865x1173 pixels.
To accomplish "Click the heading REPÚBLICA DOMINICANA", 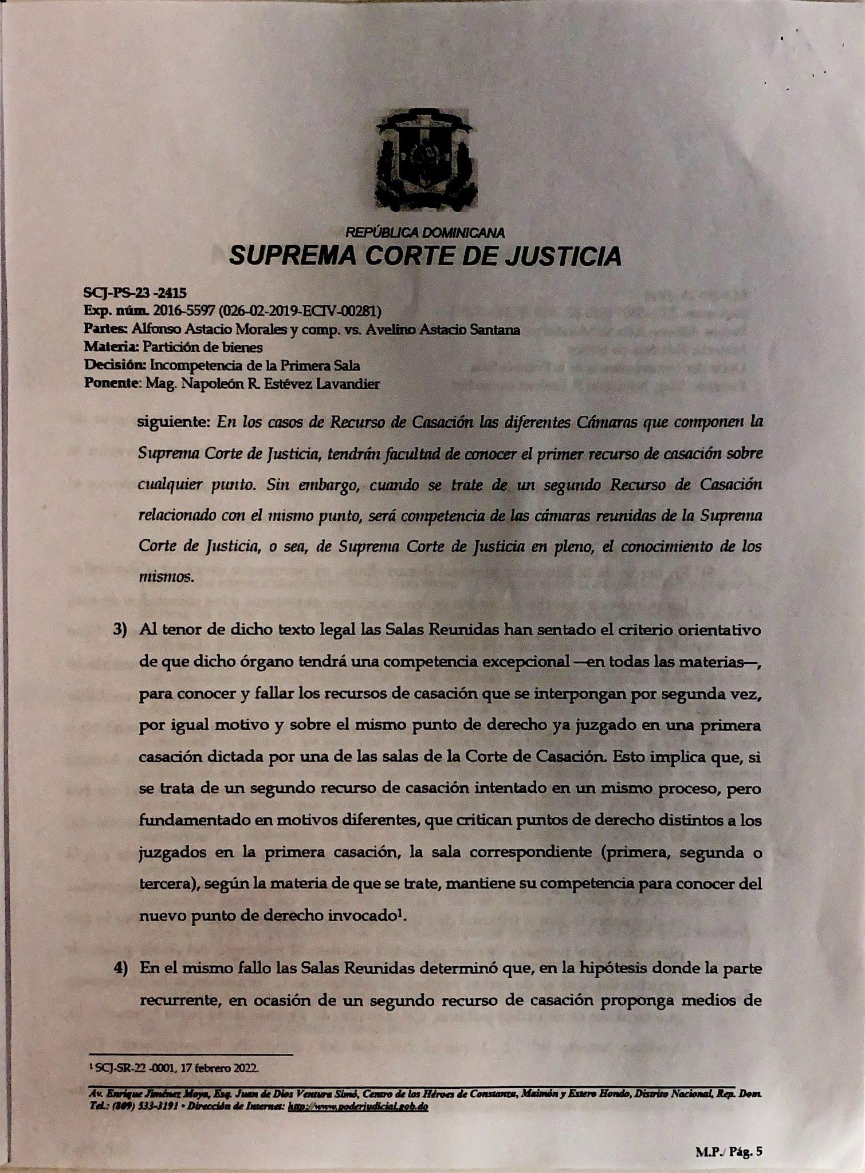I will tap(425, 233).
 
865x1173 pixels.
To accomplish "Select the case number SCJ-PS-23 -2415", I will tap(135, 293).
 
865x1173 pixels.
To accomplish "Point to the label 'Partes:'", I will tap(105, 329).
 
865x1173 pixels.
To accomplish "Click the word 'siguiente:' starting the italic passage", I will tap(174, 423).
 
